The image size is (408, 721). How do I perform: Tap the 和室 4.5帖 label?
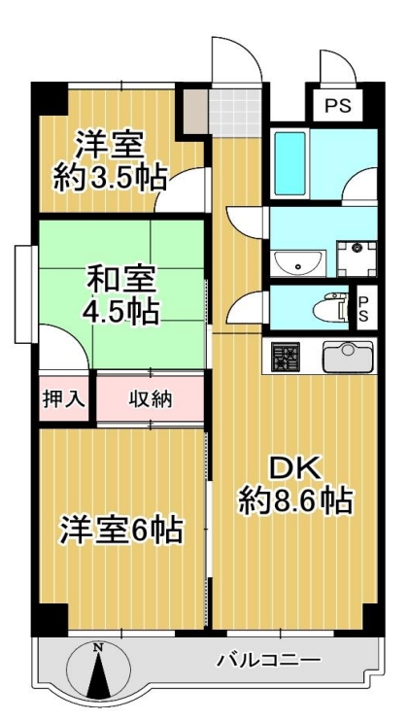[121, 296]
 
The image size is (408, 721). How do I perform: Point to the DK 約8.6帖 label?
[296, 487]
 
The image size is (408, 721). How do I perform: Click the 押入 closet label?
[64, 398]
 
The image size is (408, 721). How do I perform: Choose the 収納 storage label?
[150, 398]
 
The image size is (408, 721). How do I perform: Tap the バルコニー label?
[268, 661]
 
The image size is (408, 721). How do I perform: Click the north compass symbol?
[98, 669]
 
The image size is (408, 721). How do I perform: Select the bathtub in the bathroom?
[290, 163]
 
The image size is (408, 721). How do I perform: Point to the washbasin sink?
[297, 263]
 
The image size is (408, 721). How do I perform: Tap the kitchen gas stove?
[286, 358]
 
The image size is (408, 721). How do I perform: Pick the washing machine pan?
[357, 258]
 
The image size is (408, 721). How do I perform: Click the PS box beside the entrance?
[338, 105]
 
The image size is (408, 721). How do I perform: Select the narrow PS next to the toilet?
[363, 308]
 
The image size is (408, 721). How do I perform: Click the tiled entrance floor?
[235, 112]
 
